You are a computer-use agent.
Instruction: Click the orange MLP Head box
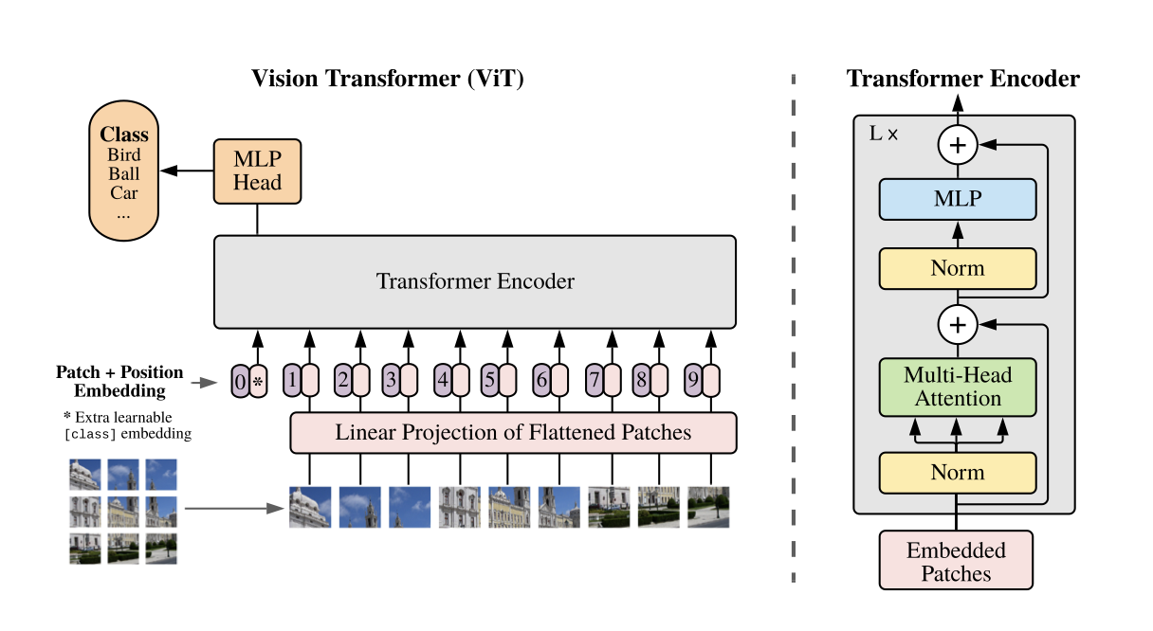pyautogui.click(x=258, y=171)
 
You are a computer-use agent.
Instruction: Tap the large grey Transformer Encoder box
pyautogui.click(x=475, y=281)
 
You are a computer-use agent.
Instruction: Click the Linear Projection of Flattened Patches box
pyautogui.click(x=513, y=433)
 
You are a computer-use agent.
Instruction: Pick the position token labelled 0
pyautogui.click(x=240, y=381)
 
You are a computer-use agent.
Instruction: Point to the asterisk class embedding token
pyautogui.click(x=258, y=381)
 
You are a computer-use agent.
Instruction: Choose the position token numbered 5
pyautogui.click(x=489, y=381)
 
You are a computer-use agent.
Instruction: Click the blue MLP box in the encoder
pyautogui.click(x=958, y=200)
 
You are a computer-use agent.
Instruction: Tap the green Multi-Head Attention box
pyautogui.click(x=958, y=387)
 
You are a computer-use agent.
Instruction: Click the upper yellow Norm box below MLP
pyautogui.click(x=958, y=268)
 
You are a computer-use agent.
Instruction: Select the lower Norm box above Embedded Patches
pyautogui.click(x=958, y=473)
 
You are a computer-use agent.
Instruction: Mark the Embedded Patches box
pyautogui.click(x=956, y=561)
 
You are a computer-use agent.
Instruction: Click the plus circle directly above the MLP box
pyautogui.click(x=958, y=146)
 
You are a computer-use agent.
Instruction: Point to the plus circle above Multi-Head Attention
pyautogui.click(x=958, y=325)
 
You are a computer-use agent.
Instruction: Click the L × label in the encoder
pyautogui.click(x=884, y=134)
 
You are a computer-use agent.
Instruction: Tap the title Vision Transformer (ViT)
pyautogui.click(x=388, y=79)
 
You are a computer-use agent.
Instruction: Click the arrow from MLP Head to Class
pyautogui.click(x=187, y=171)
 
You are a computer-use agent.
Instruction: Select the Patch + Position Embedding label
pyautogui.click(x=119, y=382)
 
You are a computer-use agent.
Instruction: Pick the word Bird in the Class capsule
pyautogui.click(x=124, y=154)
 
